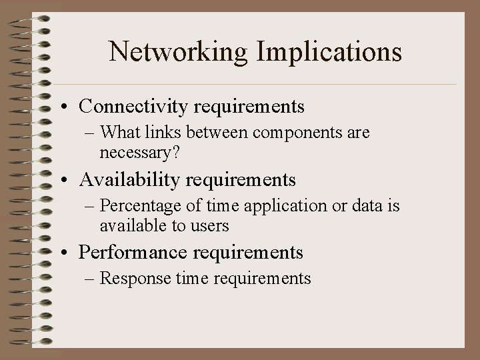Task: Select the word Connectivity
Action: pos(135,106)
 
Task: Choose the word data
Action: pos(363,206)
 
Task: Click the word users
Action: pos(209,226)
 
